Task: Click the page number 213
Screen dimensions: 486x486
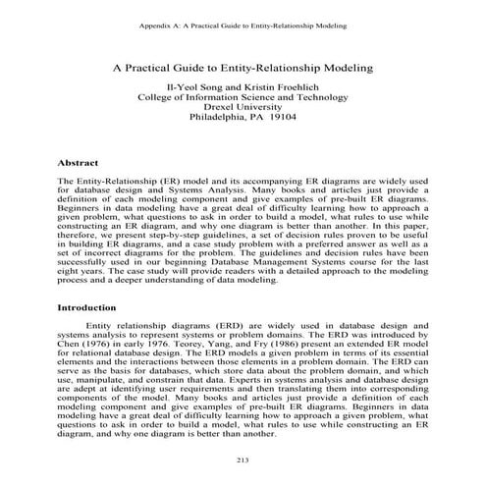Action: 243,459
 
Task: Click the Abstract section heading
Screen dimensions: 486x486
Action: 82,162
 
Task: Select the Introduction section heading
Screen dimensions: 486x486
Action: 91,307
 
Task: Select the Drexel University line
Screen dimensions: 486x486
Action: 243,112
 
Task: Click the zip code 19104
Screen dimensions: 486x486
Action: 288,125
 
